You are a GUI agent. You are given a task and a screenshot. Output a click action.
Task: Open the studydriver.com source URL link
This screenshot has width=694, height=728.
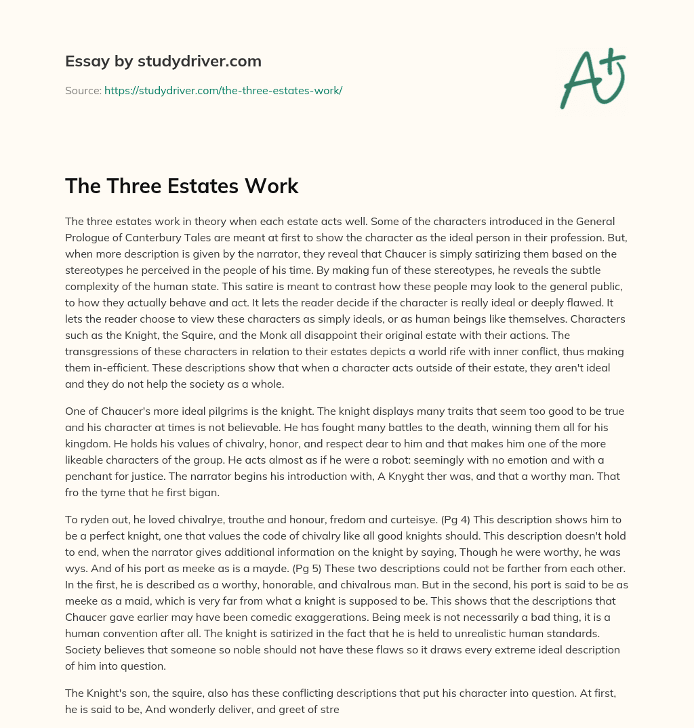pos(223,90)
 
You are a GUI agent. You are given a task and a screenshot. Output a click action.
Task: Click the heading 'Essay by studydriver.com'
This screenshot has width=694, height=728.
pos(163,61)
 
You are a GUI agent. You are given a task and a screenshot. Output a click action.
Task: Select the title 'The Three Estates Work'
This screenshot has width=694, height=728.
pos(182,186)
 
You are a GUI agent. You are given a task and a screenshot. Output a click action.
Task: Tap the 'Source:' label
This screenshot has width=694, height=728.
pos(83,90)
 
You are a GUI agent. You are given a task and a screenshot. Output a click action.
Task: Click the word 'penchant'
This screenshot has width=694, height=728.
pos(88,476)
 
